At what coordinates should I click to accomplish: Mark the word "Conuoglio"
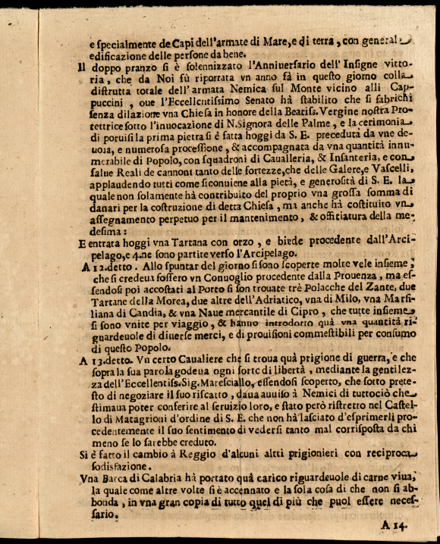(x=210, y=277)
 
